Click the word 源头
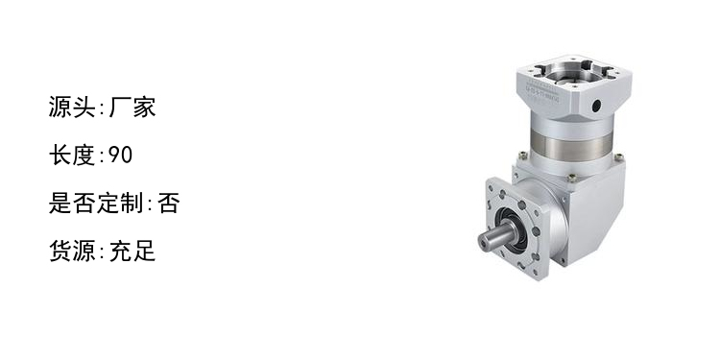click(72, 107)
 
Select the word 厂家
click(132, 107)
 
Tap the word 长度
click(72, 156)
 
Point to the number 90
click(121, 156)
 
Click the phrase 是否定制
click(96, 203)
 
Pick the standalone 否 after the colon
click(169, 203)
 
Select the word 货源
click(72, 251)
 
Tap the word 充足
click(132, 251)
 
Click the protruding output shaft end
click(488, 241)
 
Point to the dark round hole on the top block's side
click(596, 106)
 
